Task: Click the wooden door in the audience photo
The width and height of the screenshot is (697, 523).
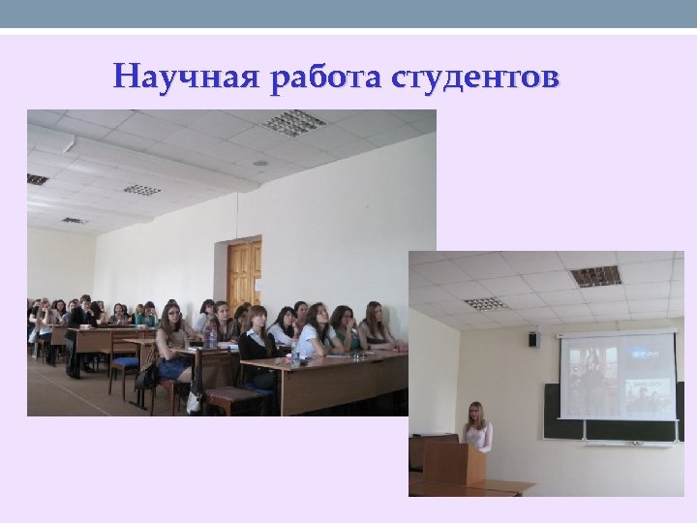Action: point(244,276)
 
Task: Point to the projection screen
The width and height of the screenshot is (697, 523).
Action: point(618,376)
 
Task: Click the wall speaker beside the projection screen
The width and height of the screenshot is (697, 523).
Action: point(533,339)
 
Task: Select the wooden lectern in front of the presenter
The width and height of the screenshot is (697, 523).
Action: point(454,463)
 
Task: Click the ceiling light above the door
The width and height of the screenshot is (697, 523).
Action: point(293,123)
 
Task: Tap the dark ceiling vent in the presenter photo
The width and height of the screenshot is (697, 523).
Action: point(595,276)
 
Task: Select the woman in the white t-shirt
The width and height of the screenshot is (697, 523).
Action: point(313,334)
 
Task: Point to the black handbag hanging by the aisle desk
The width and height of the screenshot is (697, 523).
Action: point(148,375)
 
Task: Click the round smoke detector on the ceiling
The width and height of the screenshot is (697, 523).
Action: point(259,163)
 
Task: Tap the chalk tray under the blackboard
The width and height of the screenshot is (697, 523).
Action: point(616,443)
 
